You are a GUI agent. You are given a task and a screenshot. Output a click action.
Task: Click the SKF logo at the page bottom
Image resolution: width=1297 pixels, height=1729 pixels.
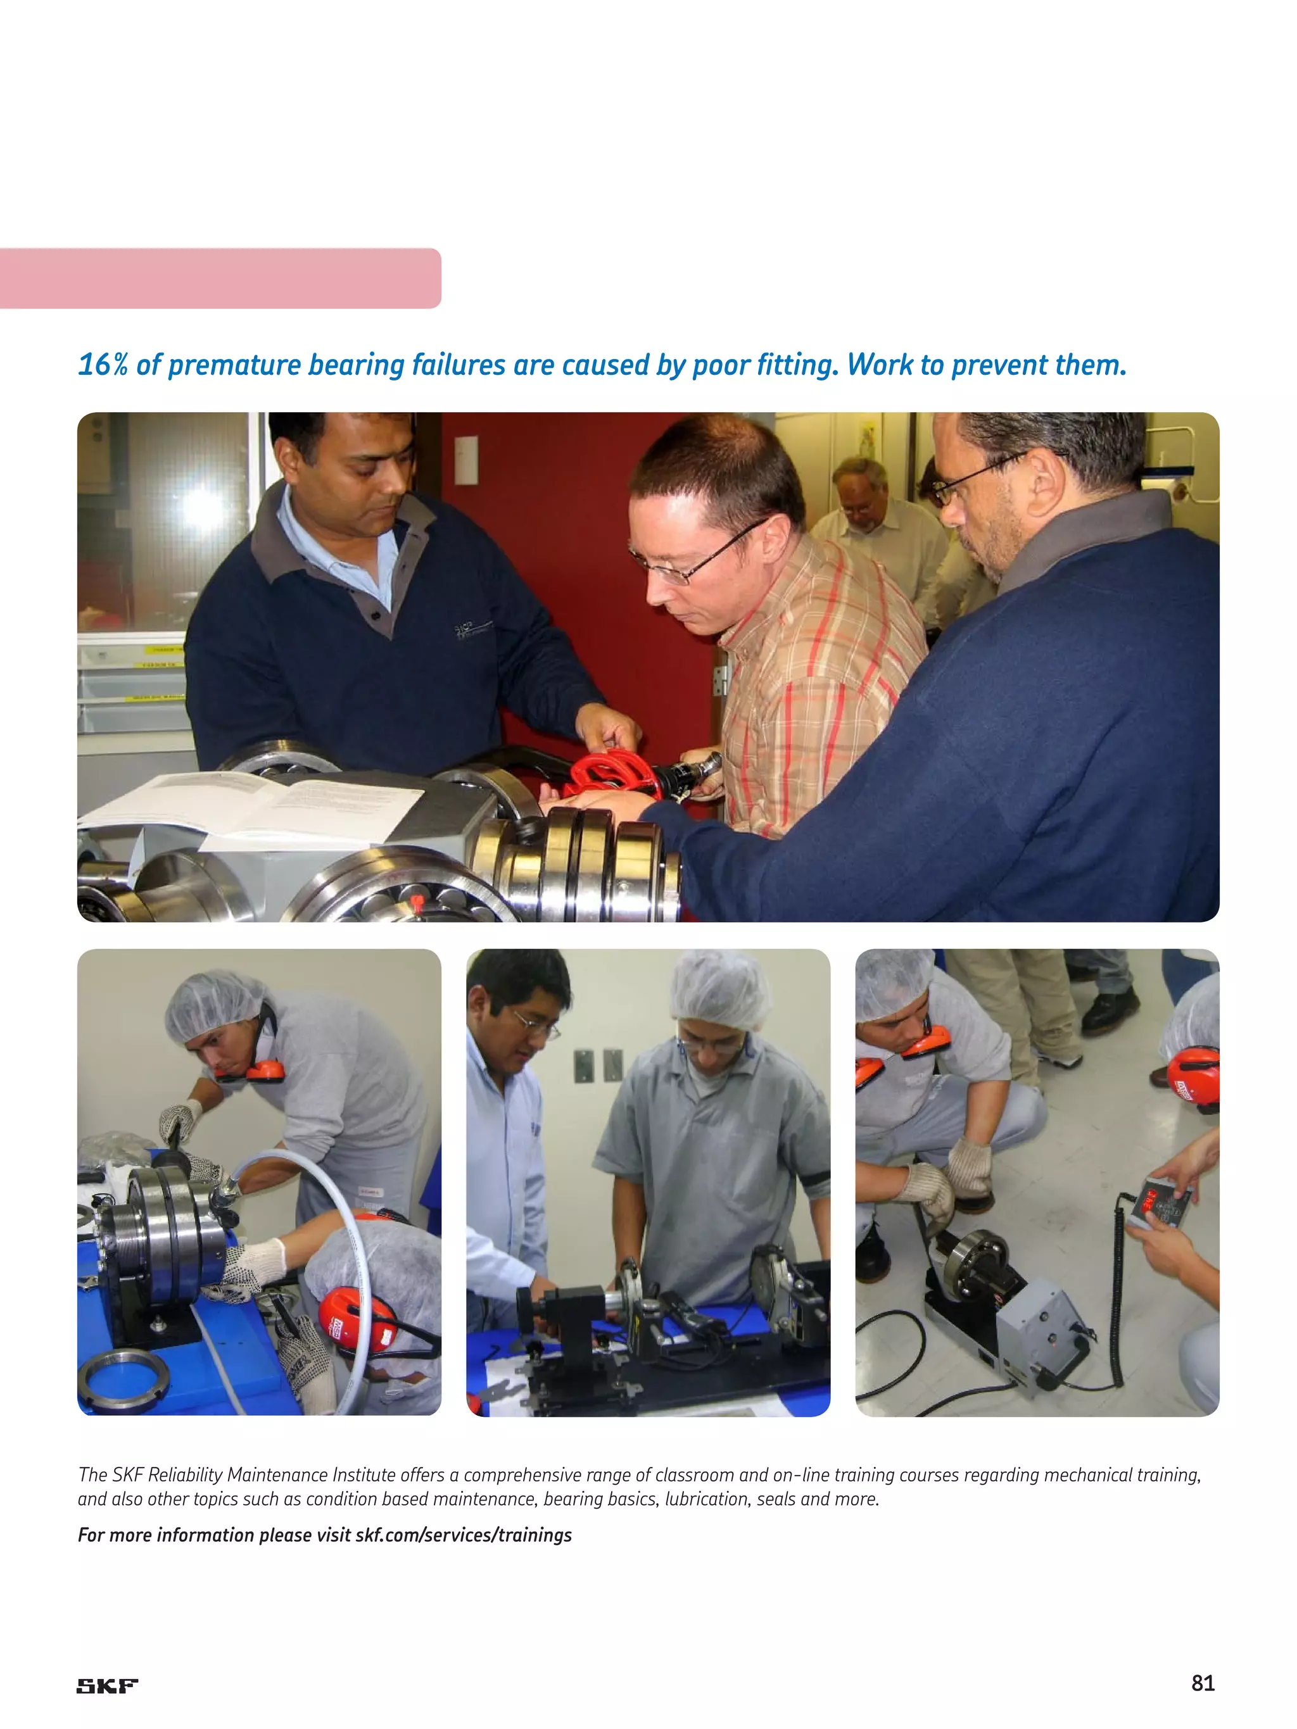click(x=107, y=1686)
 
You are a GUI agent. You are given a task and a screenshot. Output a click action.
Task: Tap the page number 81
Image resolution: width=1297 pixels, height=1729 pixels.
click(x=1203, y=1683)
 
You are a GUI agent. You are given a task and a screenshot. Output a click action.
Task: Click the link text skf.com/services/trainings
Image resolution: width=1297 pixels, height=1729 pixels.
click(x=464, y=1535)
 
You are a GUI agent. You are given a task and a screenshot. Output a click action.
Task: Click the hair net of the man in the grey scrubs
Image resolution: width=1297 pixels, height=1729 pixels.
click(x=720, y=989)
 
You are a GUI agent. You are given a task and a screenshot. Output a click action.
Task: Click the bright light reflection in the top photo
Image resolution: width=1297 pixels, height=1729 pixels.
click(x=201, y=506)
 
